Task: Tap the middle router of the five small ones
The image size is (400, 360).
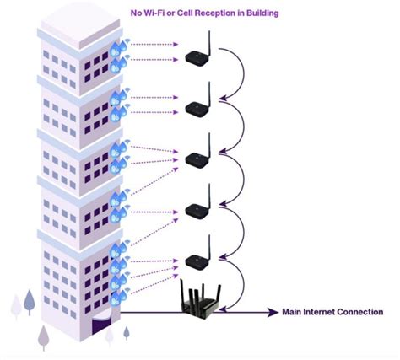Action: click(x=197, y=158)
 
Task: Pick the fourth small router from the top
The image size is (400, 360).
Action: click(x=197, y=209)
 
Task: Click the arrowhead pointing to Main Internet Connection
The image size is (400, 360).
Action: click(x=273, y=313)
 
